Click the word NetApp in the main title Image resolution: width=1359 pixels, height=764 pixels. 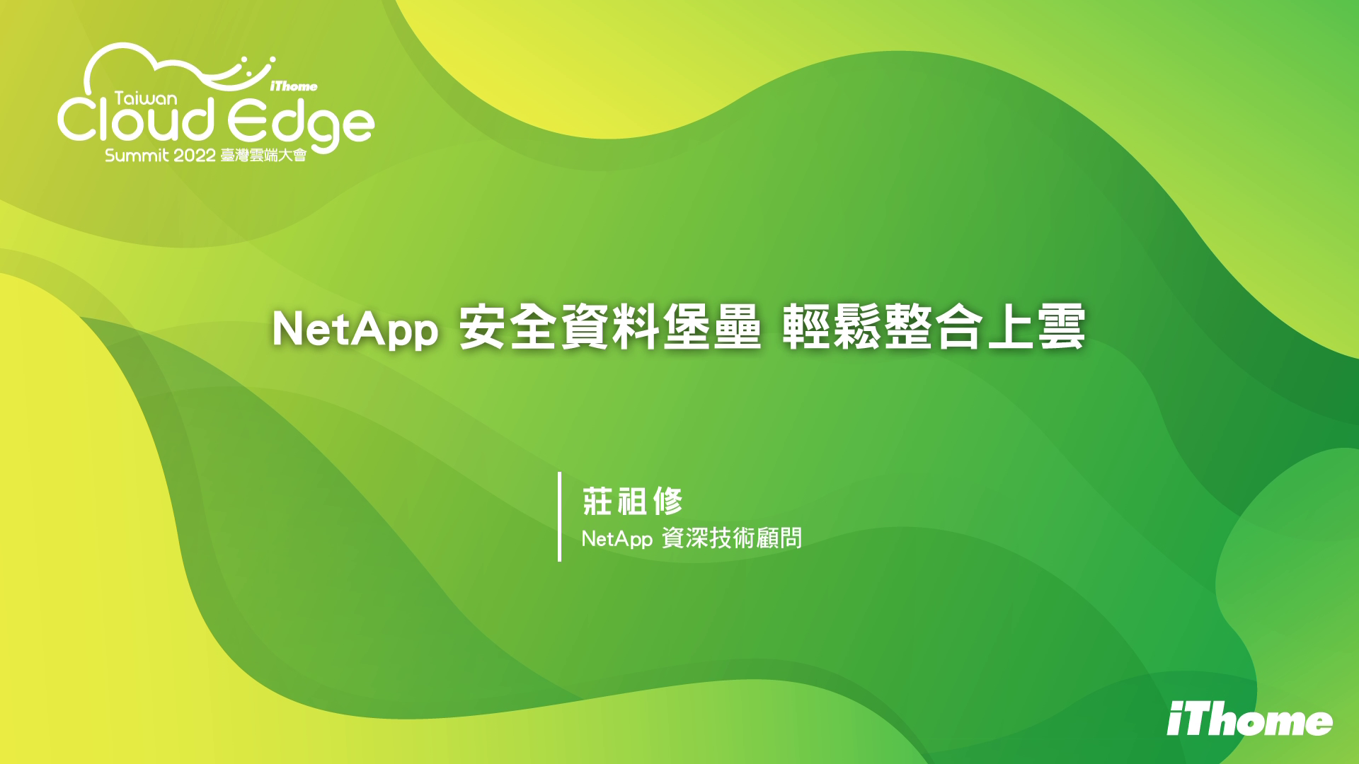point(355,330)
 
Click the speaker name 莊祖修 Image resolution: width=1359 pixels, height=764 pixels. point(632,502)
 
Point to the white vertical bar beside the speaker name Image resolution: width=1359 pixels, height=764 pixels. point(560,516)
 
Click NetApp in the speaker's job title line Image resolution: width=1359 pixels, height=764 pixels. point(617,540)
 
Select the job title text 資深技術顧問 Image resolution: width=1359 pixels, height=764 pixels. point(732,538)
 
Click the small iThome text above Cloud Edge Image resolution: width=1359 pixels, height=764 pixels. point(294,86)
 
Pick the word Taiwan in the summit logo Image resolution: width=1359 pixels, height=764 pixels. point(147,99)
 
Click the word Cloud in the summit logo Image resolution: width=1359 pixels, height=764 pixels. point(135,120)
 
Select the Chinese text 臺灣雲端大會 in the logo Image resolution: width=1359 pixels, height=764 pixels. point(263,156)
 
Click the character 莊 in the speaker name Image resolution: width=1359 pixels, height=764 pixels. point(597,502)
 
